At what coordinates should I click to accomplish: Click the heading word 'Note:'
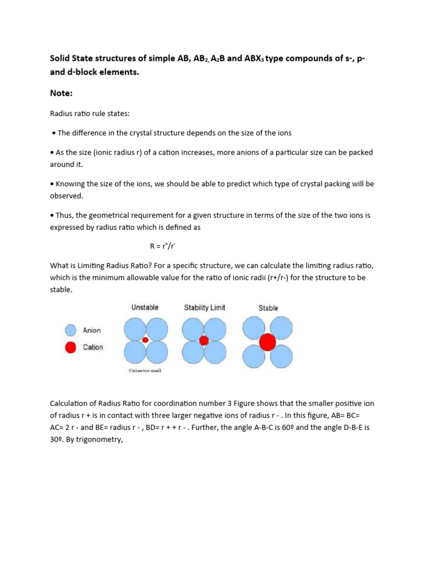pos(61,93)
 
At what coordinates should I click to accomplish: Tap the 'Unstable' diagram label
pos(145,307)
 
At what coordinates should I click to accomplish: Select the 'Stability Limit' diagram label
pos(205,307)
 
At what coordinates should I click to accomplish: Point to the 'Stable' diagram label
pos(268,308)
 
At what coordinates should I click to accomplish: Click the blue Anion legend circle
pos(70,330)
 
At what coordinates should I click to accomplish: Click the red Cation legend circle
pos(70,347)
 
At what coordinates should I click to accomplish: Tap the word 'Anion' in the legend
pos(92,330)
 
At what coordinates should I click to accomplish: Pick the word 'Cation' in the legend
pos(92,347)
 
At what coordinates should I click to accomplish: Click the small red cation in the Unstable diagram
pos(146,340)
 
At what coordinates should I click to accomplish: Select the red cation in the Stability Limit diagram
pos(204,340)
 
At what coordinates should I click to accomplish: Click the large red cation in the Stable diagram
pos(268,342)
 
